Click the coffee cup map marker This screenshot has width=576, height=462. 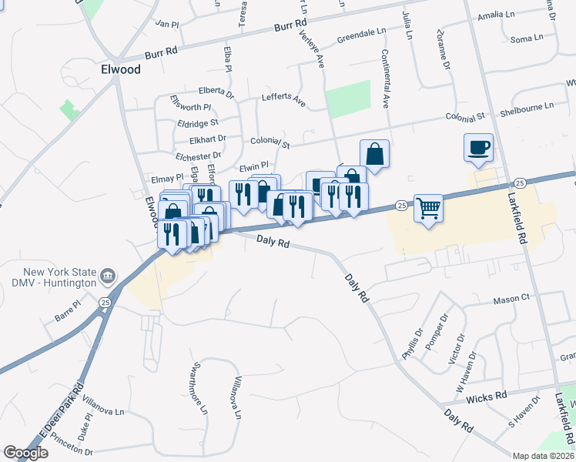click(x=478, y=147)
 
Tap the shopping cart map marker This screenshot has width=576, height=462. click(x=428, y=208)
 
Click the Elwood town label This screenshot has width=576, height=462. click(x=121, y=69)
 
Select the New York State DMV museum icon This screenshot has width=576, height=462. click(x=108, y=276)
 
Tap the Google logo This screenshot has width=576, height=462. click(x=25, y=453)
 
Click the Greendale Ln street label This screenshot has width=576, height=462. click(x=360, y=36)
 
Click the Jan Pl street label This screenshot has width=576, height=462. click(x=167, y=25)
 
